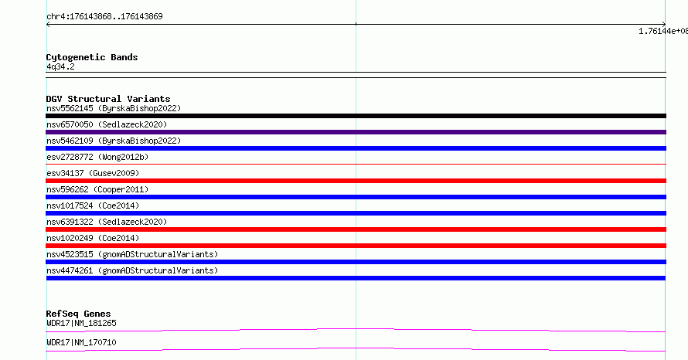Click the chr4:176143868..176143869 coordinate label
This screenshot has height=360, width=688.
104,17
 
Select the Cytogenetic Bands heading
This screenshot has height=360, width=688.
92,57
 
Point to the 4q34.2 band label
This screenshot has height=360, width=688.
60,66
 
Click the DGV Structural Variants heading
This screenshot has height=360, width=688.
108,99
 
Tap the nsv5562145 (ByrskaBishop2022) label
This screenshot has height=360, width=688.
114,108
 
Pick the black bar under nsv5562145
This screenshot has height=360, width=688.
356,116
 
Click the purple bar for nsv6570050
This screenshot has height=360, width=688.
356,132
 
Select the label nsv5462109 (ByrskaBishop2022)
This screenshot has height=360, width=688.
114,141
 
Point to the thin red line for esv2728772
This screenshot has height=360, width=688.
356,165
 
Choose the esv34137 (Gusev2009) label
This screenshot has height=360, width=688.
93,173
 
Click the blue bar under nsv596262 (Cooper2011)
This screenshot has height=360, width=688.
356,197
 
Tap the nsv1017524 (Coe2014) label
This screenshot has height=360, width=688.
93,205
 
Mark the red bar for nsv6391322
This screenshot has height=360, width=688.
356,229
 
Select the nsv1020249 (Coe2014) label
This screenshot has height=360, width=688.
93,238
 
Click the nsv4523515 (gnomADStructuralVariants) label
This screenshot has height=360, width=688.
132,254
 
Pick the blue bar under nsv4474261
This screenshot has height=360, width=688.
356,278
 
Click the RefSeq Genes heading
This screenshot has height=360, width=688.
78,314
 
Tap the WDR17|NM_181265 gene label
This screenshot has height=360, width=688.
81,323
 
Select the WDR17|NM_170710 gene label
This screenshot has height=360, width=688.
81,342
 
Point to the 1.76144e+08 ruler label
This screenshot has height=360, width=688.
663,31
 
